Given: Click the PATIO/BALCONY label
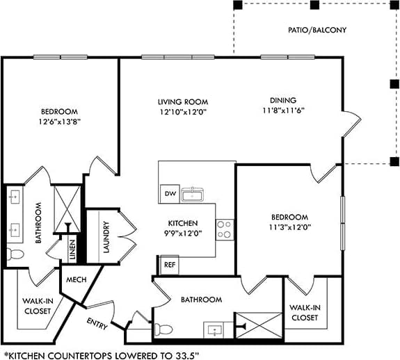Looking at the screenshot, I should tap(317, 30).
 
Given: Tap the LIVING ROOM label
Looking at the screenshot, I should tap(182, 101).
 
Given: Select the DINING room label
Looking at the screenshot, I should tap(284, 100).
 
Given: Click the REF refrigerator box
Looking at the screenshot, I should tap(169, 265).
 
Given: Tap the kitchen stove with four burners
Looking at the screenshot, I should tap(225, 229).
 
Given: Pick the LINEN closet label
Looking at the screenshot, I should tap(72, 249).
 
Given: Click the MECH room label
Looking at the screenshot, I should tap(75, 280).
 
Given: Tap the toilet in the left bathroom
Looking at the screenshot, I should tap(13, 254).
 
